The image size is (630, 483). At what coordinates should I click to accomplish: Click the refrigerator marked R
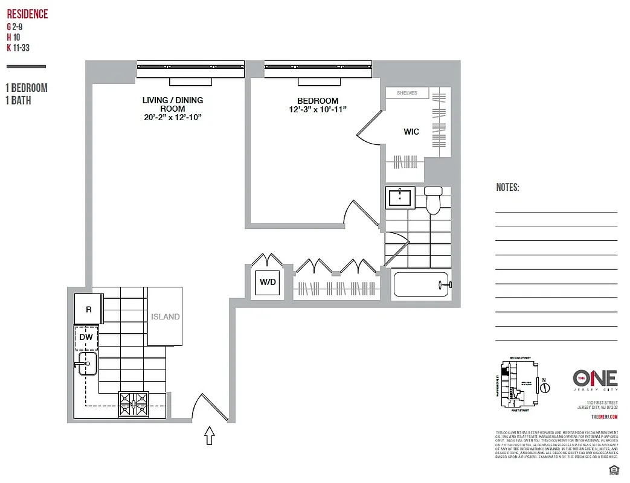[88, 309]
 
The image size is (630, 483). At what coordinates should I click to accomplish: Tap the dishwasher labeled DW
[86, 337]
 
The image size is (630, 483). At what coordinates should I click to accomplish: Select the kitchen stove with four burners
[134, 404]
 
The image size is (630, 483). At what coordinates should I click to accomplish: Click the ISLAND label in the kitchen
[165, 316]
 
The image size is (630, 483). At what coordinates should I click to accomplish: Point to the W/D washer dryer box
[268, 282]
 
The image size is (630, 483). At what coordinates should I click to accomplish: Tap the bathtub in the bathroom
[422, 284]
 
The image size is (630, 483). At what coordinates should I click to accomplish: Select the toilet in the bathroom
[433, 200]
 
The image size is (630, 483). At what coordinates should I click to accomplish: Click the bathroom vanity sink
[400, 197]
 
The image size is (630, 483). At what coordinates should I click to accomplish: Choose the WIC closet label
[411, 132]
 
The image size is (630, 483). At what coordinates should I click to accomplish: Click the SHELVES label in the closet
[408, 93]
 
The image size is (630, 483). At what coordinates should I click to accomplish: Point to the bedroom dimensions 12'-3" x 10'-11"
[318, 109]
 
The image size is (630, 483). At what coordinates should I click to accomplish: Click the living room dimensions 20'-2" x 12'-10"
[172, 117]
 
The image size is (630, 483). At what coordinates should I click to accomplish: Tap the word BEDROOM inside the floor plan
[318, 100]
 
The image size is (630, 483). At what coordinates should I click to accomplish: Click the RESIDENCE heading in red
[27, 14]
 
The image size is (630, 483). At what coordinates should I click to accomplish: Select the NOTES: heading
[507, 188]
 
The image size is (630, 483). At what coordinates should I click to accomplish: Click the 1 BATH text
[18, 101]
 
